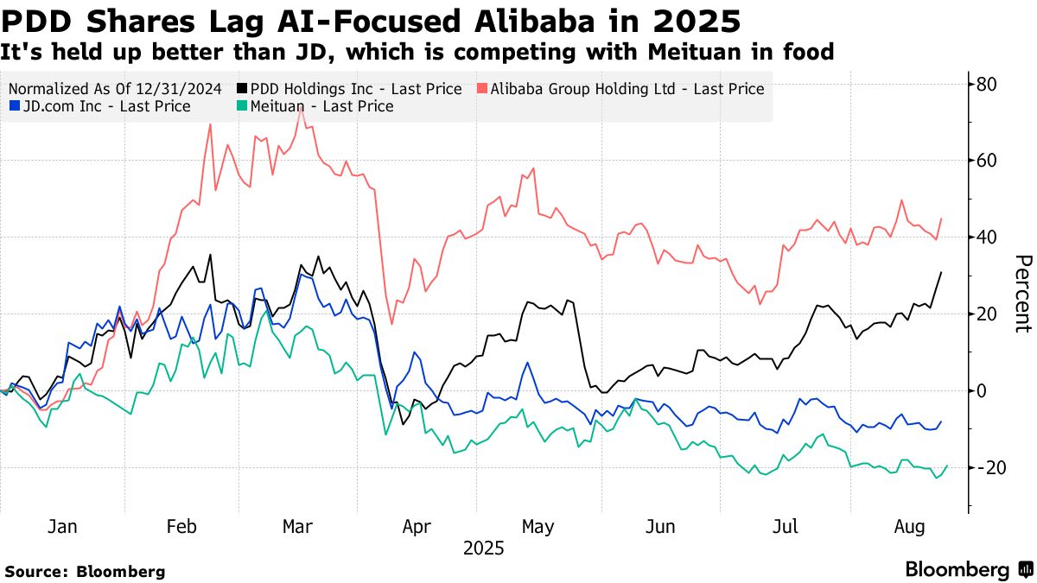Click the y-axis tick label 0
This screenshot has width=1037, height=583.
click(x=983, y=390)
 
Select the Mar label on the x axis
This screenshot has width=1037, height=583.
click(x=297, y=526)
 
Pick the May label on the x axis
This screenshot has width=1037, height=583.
click(x=539, y=526)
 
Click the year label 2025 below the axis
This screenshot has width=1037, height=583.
click(x=483, y=548)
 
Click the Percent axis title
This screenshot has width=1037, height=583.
click(x=1022, y=294)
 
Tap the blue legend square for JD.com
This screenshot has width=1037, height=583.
click(x=15, y=106)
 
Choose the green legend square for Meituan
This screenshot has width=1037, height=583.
click(x=241, y=106)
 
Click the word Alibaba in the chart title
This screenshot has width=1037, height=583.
click(x=528, y=18)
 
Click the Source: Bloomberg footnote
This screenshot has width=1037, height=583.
click(x=85, y=571)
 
